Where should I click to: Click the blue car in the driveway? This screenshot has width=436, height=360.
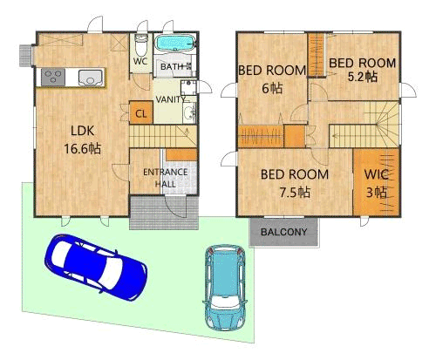pos(95,267)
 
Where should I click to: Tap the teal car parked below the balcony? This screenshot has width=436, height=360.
pos(225,287)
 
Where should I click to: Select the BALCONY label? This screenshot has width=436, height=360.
pos(283,232)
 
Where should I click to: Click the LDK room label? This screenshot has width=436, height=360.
pos(83,131)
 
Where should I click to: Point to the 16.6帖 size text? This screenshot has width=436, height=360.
pos(83,149)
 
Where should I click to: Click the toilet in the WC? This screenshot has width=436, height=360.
pos(141,45)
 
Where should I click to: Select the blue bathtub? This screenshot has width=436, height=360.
pos(175,43)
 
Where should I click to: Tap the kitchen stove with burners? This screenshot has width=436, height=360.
pos(53,78)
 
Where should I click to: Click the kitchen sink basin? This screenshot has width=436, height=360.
pos(91,78)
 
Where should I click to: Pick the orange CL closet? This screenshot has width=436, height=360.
pos(141,112)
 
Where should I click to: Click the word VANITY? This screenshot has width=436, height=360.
pos(170,99)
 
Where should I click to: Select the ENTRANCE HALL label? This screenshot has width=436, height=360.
pos(165,178)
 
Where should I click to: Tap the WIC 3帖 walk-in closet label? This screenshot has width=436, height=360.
pos(377,183)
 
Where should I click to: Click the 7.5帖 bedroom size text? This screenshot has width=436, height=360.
pos(295,193)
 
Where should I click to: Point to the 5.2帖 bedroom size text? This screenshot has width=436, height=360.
pos(363,77)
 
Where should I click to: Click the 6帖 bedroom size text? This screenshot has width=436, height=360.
pos(272,88)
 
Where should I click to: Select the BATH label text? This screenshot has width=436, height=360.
pos(172,67)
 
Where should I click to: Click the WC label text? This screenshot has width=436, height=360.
pos(140,61)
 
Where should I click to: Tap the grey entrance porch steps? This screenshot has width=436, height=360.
pos(164,213)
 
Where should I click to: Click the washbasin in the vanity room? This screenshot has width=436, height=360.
pos(189,112)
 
